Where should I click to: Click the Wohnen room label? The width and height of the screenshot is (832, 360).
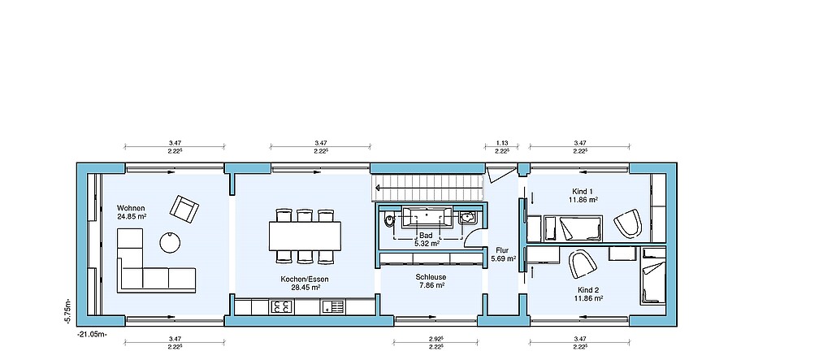[x=132, y=207]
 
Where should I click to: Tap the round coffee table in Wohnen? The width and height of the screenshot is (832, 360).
[x=170, y=243]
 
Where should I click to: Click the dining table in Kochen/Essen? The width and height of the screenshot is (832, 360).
[x=305, y=236]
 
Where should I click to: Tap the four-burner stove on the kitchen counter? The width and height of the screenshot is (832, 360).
[x=282, y=306]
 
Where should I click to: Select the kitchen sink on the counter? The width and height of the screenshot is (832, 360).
[x=332, y=306]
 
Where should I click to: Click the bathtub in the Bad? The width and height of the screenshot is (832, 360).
[x=426, y=218]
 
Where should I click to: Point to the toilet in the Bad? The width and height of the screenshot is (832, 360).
[x=390, y=219]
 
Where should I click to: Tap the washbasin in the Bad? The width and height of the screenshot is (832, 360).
[x=469, y=217]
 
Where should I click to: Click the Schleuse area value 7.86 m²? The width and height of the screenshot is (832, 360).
[x=431, y=285]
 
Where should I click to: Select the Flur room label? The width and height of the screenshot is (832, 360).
[x=502, y=250]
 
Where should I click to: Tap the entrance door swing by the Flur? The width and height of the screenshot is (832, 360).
[x=500, y=174]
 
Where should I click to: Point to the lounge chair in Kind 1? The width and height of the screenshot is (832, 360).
[x=628, y=223]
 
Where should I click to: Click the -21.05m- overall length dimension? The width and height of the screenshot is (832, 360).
[x=93, y=335]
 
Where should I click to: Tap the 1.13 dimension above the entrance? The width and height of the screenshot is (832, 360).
[x=501, y=143]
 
